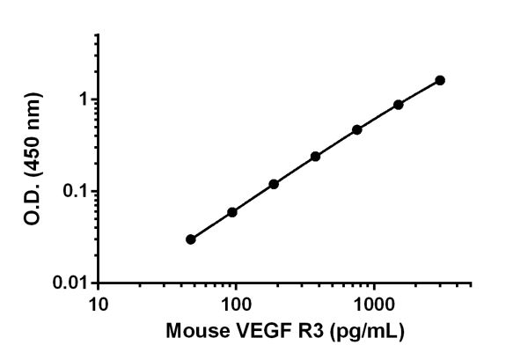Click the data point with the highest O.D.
[440, 80]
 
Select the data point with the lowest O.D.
[191, 239]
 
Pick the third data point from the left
[274, 184]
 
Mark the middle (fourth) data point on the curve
[315, 156]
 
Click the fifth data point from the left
[357, 129]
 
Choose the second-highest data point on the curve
[399, 104]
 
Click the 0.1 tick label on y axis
[77, 191]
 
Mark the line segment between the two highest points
[420, 92]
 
